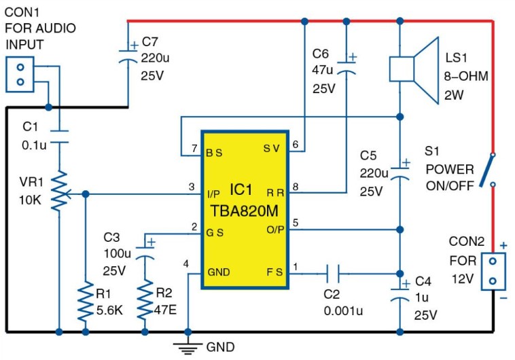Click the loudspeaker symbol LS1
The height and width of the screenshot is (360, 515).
click(414, 70)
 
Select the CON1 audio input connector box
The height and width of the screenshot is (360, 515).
click(20, 75)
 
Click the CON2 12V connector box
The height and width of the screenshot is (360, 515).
click(493, 271)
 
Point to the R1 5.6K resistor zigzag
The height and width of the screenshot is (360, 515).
click(86, 301)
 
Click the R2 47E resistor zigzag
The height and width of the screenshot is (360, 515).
click(145, 300)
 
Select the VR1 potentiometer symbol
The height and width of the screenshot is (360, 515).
click(60, 190)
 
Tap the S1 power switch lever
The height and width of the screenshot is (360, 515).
click(486, 170)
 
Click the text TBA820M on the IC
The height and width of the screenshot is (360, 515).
click(245, 211)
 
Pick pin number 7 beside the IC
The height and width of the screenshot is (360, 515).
click(194, 149)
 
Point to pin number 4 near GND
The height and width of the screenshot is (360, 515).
click(186, 264)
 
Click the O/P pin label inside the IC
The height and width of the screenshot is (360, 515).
click(275, 230)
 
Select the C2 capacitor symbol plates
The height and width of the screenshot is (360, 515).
click(333, 273)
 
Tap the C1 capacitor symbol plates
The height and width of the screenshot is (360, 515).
click(59, 137)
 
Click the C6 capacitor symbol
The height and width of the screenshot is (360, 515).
click(347, 67)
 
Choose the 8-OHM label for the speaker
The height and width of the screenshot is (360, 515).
click(466, 76)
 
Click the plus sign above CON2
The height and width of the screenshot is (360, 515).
click(503, 245)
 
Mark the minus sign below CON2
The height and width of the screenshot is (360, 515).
click(503, 298)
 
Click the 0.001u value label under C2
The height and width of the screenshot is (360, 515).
click(343, 310)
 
